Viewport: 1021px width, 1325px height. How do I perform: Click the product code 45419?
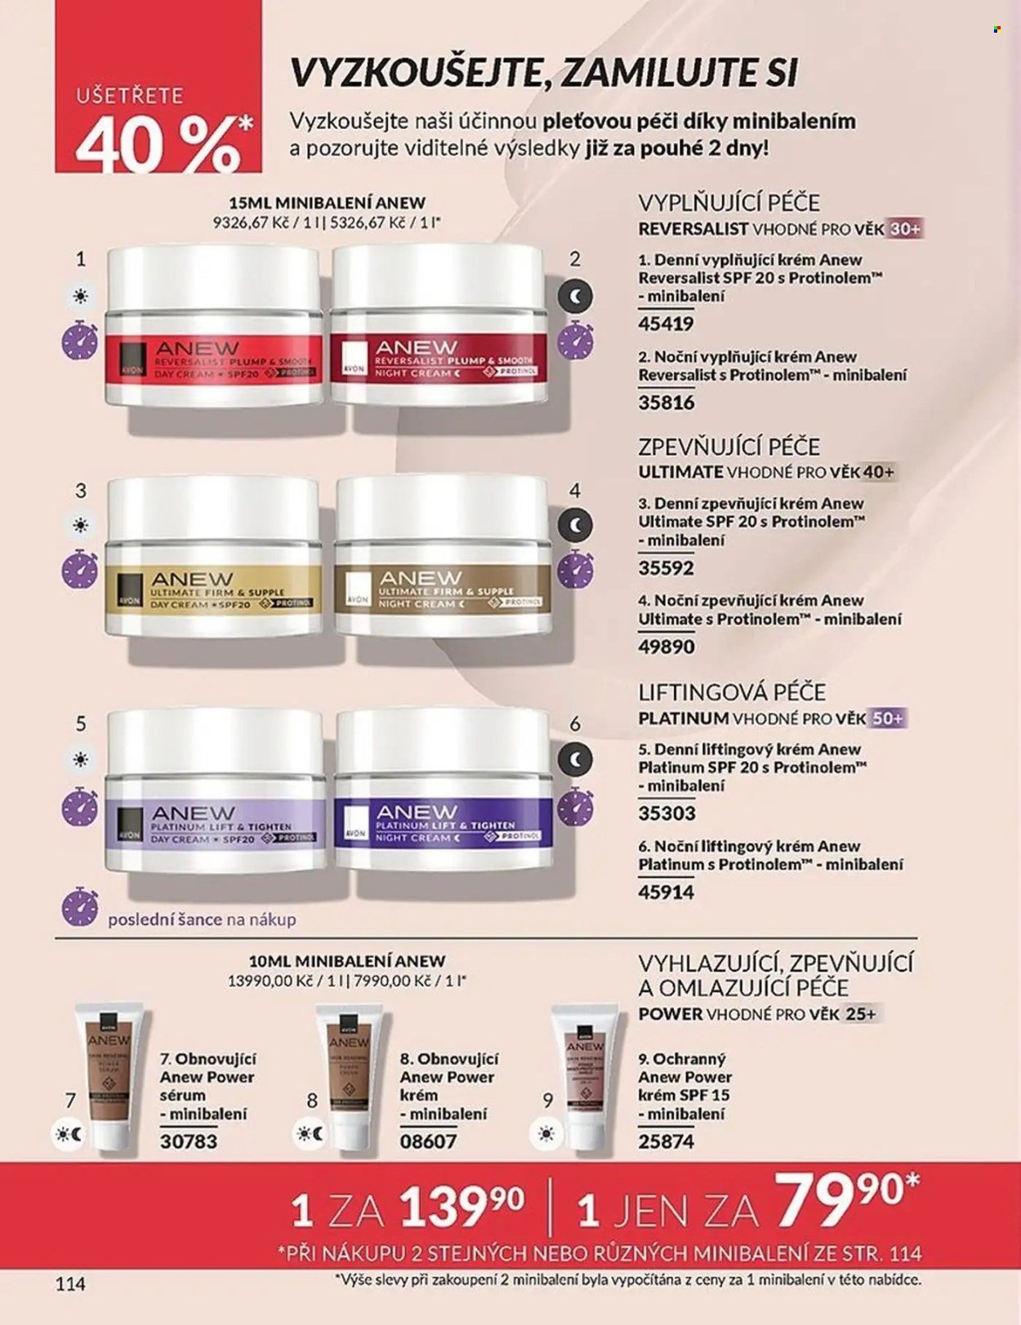tap(666, 323)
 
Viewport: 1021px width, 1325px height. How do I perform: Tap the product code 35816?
tap(667, 402)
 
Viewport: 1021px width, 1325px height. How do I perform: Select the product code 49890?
tap(667, 647)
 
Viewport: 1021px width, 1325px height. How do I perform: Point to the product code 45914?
tap(667, 891)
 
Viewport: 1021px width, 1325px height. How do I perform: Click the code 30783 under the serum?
tap(189, 1140)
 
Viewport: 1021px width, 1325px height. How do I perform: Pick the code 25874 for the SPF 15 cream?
tap(667, 1140)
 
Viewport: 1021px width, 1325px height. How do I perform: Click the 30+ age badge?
tap(904, 229)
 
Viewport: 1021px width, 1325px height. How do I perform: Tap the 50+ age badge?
tap(887, 718)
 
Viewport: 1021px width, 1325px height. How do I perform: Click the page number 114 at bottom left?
tap(70, 1283)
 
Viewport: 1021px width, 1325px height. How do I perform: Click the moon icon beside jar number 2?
tap(576, 298)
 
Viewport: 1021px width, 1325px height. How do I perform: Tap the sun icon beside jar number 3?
tap(80, 525)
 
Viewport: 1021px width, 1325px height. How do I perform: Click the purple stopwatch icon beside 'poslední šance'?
tap(80, 908)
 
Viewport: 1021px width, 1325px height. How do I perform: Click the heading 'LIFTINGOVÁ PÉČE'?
tap(732, 692)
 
